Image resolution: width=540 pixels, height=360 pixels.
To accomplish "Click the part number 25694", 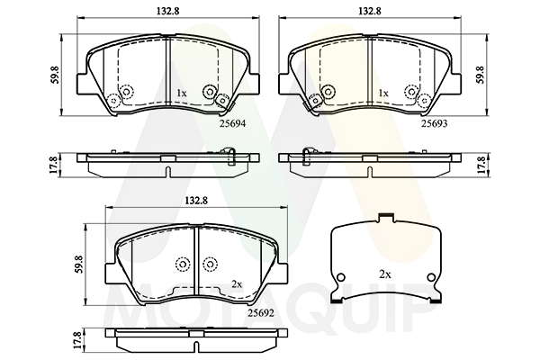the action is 233,123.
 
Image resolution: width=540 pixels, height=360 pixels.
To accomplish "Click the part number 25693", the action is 435,123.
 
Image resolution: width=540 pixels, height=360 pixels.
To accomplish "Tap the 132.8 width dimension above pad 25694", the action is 167,11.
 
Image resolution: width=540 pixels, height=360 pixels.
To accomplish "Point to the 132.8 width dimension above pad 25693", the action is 370,11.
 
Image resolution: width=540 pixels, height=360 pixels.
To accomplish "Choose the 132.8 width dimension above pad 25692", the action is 196,201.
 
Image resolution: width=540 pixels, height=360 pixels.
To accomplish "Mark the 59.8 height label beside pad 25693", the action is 481,75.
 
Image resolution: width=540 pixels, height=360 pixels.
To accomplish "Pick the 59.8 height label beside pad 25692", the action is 80,265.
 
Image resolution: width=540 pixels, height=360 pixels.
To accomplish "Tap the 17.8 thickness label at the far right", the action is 481,165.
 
